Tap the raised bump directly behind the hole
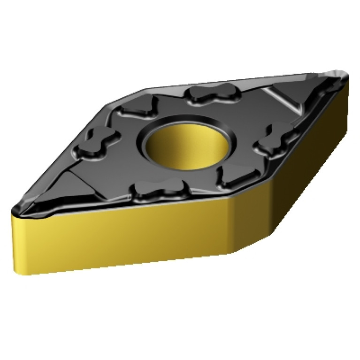pos(209,94)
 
